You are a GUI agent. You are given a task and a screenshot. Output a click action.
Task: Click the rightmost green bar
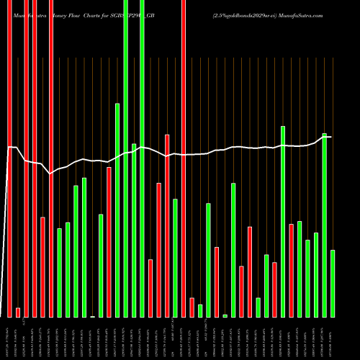coord(333,283)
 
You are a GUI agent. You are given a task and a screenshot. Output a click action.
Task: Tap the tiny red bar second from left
coord(18,312)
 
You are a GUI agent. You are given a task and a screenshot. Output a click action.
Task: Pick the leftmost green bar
coord(60,272)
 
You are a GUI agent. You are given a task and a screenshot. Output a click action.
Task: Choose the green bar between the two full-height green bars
coord(134,230)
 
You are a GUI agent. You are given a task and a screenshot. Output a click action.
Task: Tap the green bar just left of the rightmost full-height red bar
coord(175,258)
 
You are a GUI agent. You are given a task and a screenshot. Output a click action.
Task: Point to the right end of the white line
coord(331,137)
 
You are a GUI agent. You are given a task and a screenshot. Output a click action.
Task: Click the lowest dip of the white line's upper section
coord(50,174)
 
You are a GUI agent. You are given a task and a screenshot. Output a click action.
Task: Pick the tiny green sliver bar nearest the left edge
coord(93,316)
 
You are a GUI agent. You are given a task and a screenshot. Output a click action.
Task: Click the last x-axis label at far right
coord(333,338)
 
